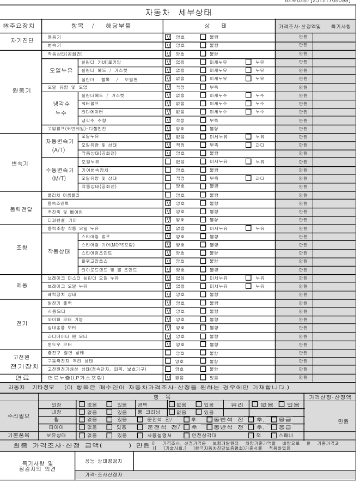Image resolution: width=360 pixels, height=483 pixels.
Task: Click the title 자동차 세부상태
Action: click(x=180, y=12)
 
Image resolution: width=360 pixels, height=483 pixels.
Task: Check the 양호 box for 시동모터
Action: click(x=168, y=310)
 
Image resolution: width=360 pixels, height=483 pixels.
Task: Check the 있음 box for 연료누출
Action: click(x=204, y=377)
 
